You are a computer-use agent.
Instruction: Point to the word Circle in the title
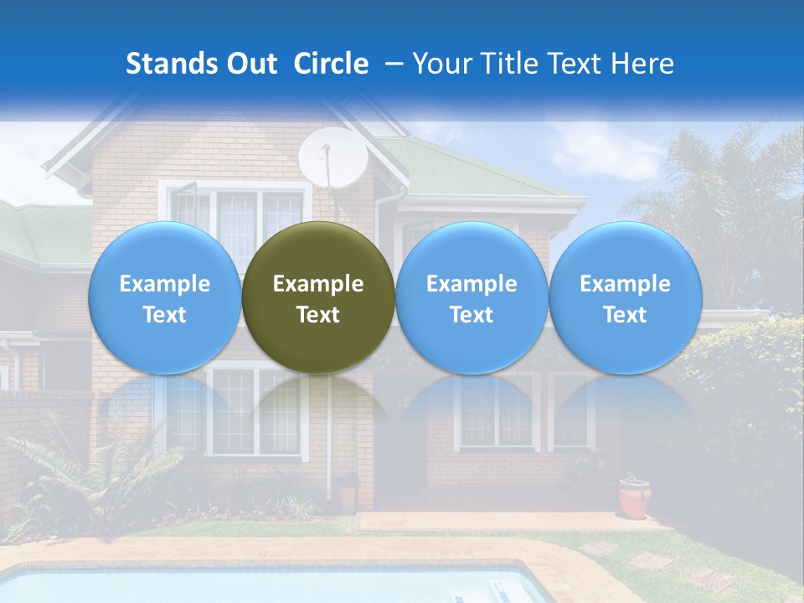[331, 64]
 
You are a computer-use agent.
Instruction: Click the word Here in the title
[644, 64]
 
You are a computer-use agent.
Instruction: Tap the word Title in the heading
[509, 64]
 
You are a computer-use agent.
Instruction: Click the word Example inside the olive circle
[318, 284]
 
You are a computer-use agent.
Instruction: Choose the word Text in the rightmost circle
[625, 315]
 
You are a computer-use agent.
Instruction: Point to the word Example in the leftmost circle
[164, 284]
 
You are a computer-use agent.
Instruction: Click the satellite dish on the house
[332, 158]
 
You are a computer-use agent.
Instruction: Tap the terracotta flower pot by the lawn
[635, 497]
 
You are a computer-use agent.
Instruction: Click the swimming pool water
[251, 586]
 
